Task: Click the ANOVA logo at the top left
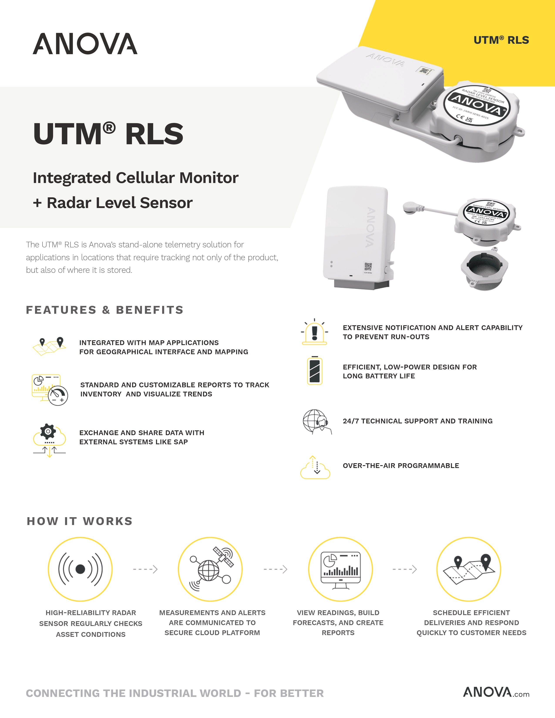(85, 44)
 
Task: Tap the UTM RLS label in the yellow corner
(501, 40)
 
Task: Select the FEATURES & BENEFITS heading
(104, 310)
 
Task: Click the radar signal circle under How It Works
(80, 569)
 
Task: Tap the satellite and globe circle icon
(210, 569)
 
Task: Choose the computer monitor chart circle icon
(340, 569)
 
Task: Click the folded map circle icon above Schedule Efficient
(469, 569)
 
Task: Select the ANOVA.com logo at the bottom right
(496, 692)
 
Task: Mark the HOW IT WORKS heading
(80, 521)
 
